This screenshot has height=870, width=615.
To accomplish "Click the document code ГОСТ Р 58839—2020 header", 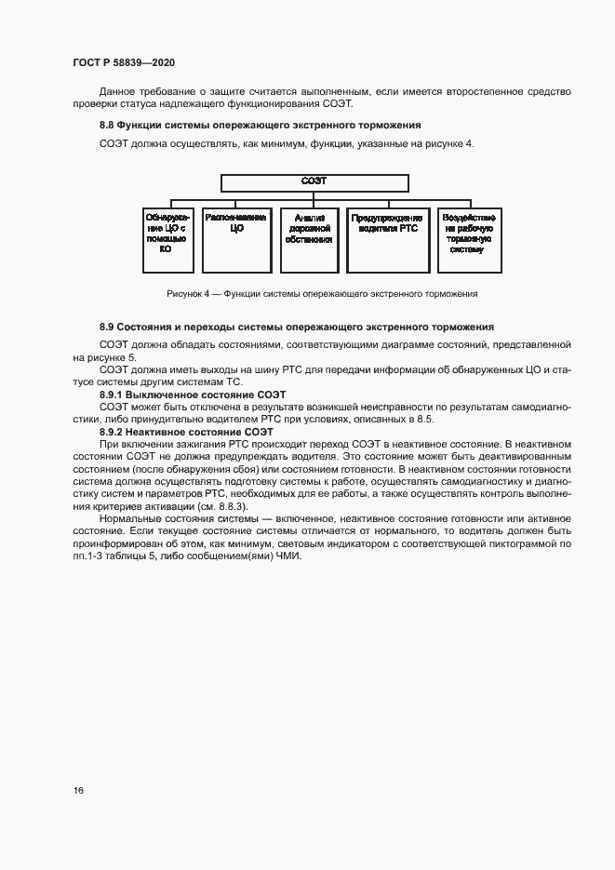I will pyautogui.click(x=124, y=62).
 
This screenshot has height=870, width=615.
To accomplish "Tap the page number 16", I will pyautogui.click(x=78, y=790).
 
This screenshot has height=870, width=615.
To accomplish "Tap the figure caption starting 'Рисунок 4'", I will pyautogui.click(x=322, y=293).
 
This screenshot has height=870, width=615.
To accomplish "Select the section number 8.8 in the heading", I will pyautogui.click(x=106, y=124).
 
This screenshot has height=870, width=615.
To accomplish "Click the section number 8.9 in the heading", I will pyautogui.click(x=106, y=327).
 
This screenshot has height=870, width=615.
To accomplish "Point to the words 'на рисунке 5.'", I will pyautogui.click(x=104, y=357).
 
